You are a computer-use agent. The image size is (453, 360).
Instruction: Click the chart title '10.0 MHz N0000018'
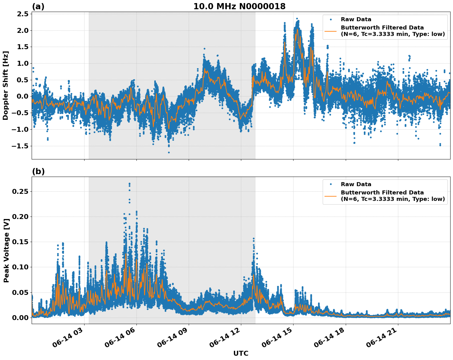pyautogui.click(x=239, y=6)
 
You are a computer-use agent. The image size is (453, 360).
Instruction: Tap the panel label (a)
pyautogui.click(x=38, y=6)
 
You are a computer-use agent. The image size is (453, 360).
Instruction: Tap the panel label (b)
pyautogui.click(x=38, y=171)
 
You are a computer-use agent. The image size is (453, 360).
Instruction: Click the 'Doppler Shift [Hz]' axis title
pyautogui.click(x=6, y=85)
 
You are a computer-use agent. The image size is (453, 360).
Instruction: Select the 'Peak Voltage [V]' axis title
pyautogui.click(x=6, y=250)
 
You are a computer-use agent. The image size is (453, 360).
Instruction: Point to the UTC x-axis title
pyautogui.click(x=241, y=353)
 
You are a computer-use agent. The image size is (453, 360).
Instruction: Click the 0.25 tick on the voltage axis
pyautogui.click(x=20, y=191)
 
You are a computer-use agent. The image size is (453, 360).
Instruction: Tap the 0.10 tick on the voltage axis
pyautogui.click(x=20, y=267)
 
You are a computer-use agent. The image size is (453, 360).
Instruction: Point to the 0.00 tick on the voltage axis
pyautogui.click(x=20, y=318)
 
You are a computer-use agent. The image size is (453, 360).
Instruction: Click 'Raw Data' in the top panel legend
pyautogui.click(x=356, y=20)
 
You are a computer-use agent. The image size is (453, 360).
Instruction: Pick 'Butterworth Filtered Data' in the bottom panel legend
pyautogui.click(x=382, y=193)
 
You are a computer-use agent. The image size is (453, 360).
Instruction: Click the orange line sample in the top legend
pyautogui.click(x=331, y=31)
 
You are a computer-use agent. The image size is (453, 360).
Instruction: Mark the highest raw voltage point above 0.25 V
pyautogui.click(x=129, y=184)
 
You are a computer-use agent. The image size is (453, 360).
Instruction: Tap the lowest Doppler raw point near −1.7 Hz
pyautogui.click(x=169, y=152)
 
